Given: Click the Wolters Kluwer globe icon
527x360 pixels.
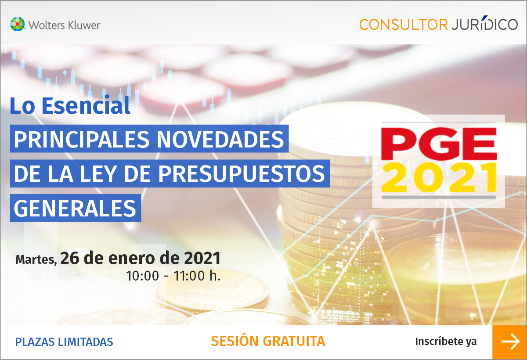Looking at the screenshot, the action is tap(18, 24).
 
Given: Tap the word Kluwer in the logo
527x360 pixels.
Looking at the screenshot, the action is tap(84, 25).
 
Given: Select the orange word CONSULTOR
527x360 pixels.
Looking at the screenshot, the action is tap(403, 25).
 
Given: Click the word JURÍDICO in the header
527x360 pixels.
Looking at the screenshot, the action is tap(484, 24).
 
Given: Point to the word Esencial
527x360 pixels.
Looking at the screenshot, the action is tap(86, 105).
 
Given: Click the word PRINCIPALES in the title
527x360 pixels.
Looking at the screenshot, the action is tap(82, 139).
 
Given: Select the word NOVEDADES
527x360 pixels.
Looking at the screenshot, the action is tap(220, 139).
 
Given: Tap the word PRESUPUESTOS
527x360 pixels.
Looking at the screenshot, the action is tap(242, 174).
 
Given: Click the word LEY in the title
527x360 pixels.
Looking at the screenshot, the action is tap(98, 174).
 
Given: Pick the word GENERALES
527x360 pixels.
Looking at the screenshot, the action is tap(75, 209).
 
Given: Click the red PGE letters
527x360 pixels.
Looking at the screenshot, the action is tap(439, 144).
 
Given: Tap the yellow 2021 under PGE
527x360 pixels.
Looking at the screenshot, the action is tap(439, 177).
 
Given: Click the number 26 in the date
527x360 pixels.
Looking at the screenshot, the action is tap(70, 258).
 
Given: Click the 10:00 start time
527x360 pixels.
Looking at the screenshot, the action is tap(143, 276).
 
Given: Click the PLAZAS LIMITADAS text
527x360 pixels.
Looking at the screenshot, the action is tap(64, 342).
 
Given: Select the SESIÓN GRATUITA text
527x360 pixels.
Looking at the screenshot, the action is tap(268, 341).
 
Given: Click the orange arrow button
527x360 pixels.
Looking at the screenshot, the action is tap(509, 342).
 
